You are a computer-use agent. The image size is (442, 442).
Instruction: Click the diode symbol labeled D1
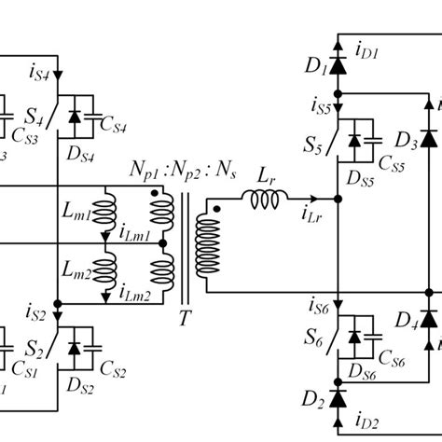pos(337,68)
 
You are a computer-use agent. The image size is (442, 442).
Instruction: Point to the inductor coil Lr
pos(263,197)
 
